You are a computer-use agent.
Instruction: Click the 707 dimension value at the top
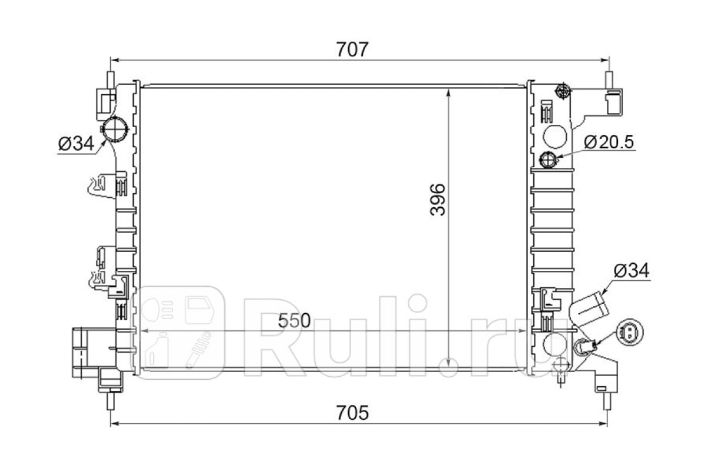click(352, 49)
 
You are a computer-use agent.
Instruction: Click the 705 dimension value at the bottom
click(352, 413)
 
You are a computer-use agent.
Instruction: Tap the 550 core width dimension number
click(294, 321)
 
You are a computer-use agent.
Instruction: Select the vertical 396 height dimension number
click(437, 200)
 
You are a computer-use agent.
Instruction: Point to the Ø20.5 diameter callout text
click(609, 142)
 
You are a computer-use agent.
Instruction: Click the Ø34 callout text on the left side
click(76, 144)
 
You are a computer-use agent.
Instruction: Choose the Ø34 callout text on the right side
click(632, 270)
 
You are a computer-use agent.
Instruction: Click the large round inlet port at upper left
click(115, 129)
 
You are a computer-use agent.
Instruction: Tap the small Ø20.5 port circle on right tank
click(549, 160)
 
